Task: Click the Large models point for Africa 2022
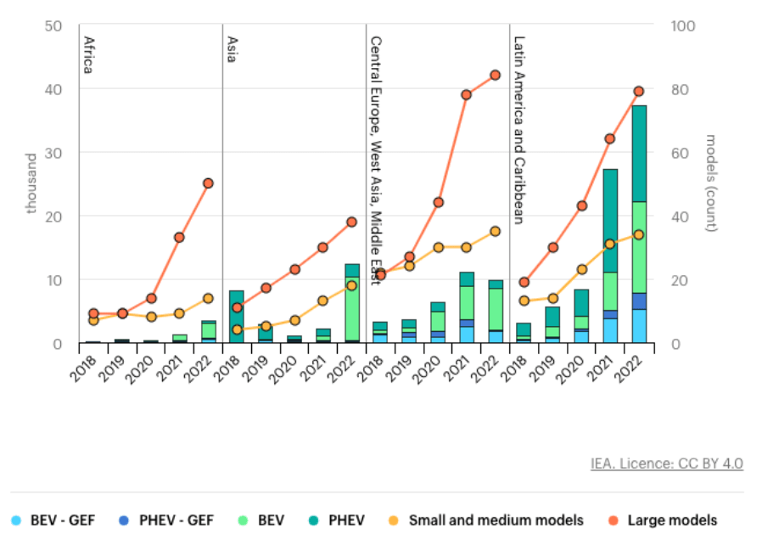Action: coord(208,183)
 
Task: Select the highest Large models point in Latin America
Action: coord(639,92)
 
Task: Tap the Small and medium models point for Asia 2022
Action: coord(352,285)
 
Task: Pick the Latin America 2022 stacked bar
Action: coord(639,224)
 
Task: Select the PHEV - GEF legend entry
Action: coord(172,520)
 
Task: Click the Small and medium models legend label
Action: coord(496,520)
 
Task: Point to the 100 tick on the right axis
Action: coord(683,25)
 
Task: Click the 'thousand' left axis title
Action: coord(31,183)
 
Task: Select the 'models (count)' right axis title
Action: coord(713,183)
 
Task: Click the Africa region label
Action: coord(87,54)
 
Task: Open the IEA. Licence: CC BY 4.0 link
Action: coord(666,464)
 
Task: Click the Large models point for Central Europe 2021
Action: coord(466,94)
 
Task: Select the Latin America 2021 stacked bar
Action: coord(610,256)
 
